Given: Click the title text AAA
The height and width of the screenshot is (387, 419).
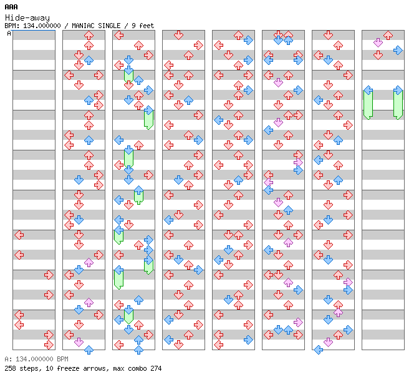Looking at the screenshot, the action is click(11, 7).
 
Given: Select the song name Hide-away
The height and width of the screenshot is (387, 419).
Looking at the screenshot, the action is click(27, 17).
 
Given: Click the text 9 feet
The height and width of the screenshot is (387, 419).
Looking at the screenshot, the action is click(143, 26).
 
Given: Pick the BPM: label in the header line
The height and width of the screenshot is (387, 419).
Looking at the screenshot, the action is click(12, 26).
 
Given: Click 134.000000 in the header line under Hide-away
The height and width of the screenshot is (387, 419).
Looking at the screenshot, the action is click(42, 26).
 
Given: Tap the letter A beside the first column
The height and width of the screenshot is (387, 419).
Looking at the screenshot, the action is click(9, 33).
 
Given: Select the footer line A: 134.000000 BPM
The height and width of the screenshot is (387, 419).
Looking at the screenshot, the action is click(36, 359).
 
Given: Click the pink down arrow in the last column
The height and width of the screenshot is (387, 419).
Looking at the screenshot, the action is click(378, 42).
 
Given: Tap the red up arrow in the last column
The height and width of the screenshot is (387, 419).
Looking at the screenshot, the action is click(388, 35).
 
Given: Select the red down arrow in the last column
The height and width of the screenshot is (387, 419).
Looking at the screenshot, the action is click(378, 55).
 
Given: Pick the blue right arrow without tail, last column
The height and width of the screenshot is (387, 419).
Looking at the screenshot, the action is click(398, 50).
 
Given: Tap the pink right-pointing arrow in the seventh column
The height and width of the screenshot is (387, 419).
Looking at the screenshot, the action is click(348, 282).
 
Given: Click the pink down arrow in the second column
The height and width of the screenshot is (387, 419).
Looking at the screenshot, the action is click(79, 342).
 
